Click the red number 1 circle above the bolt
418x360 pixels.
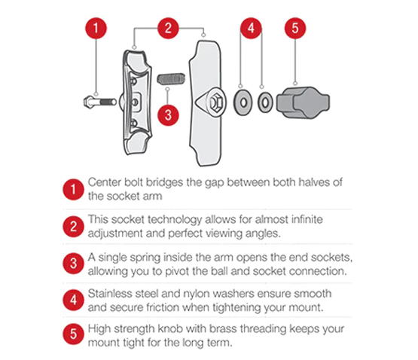(x=95, y=29)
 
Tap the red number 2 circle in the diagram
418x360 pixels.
(x=169, y=29)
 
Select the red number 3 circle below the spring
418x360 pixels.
(x=170, y=116)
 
